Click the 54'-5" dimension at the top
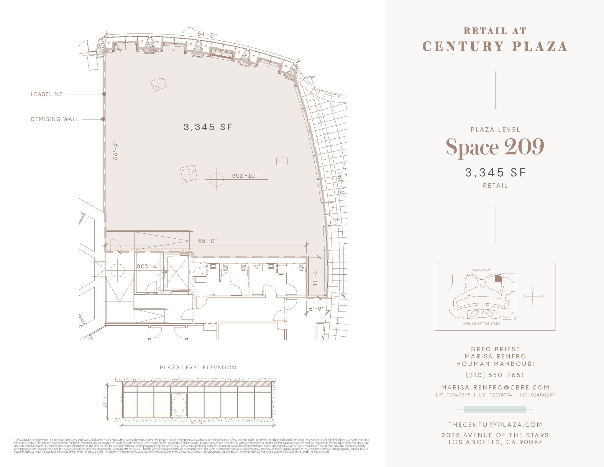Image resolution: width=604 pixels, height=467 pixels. tap(207, 35)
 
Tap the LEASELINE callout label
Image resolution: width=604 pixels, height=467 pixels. tap(47, 94)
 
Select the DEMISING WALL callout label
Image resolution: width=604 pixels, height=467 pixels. tap(55, 119)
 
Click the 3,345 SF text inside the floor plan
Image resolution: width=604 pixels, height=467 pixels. tap(208, 127)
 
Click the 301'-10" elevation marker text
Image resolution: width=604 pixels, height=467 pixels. tap(245, 176)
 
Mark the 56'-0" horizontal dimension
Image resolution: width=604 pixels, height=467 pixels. tap(208, 241)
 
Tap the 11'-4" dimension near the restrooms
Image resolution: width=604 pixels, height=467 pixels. tap(316, 277)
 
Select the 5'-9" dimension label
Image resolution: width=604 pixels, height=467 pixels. tap(317, 309)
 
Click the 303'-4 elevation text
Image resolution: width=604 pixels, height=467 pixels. tap(147, 266)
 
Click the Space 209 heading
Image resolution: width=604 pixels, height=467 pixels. tap(495, 147)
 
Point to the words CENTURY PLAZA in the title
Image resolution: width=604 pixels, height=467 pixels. tap(495, 47)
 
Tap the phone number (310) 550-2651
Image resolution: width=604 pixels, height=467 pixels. tap(495, 375)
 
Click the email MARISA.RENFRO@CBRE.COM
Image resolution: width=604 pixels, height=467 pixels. tap(495, 387)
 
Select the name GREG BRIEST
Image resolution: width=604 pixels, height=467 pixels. tap(495, 349)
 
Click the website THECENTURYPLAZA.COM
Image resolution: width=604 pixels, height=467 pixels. tap(495, 425)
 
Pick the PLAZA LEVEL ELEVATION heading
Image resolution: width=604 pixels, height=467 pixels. tap(198, 368)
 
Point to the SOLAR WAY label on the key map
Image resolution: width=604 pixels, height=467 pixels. tap(482, 270)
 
